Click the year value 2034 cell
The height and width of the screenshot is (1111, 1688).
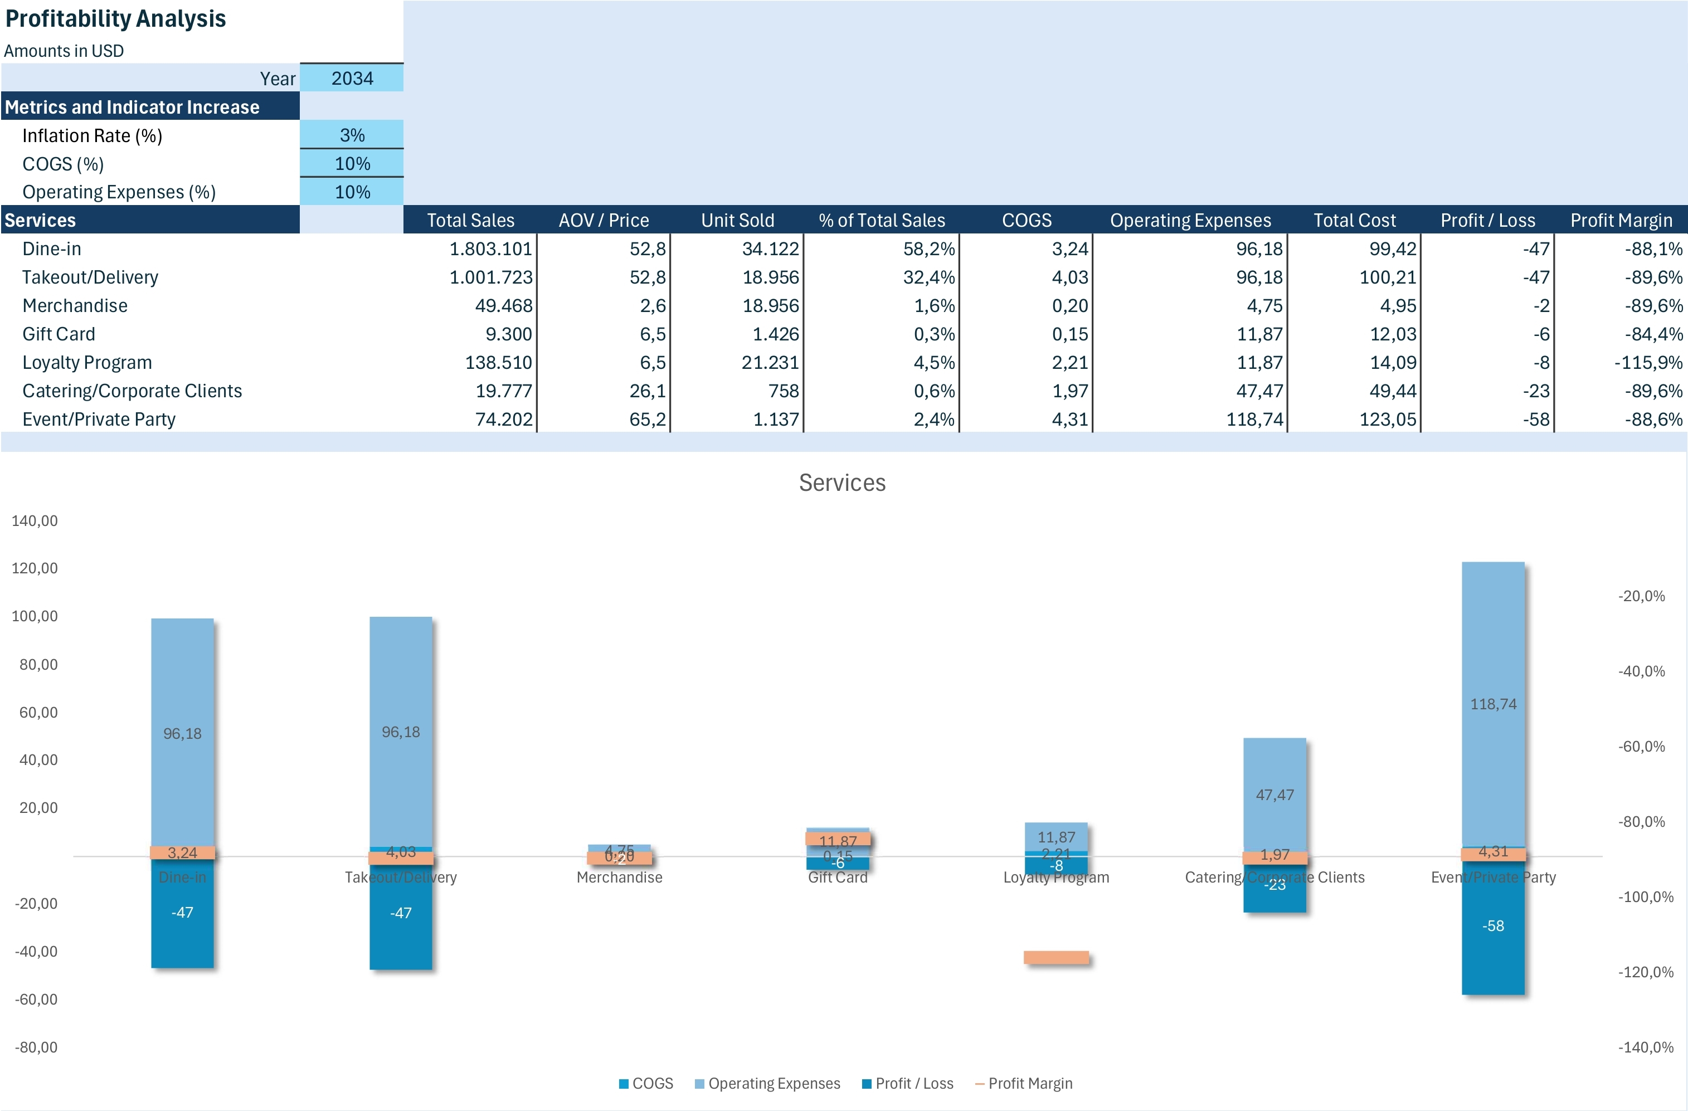point(352,78)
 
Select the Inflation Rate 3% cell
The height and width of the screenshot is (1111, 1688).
point(352,135)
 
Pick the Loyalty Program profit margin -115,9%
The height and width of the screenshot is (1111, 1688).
point(1647,362)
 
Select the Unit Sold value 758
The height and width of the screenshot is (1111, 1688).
point(783,391)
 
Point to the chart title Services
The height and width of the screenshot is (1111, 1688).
point(842,483)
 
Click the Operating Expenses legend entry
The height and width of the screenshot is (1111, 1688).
point(773,1083)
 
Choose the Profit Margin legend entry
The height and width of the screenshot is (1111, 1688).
point(1029,1083)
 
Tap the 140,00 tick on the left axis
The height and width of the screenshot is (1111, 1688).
point(34,520)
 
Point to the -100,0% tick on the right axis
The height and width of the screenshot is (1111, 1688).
point(1641,897)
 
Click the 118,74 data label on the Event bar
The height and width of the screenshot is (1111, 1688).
point(1493,704)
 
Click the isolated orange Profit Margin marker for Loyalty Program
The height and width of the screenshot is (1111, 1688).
point(1056,958)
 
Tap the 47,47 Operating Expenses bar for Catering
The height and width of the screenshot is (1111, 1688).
point(1274,795)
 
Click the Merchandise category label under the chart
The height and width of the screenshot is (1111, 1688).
point(619,877)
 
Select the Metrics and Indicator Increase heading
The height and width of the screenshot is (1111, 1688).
point(132,107)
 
